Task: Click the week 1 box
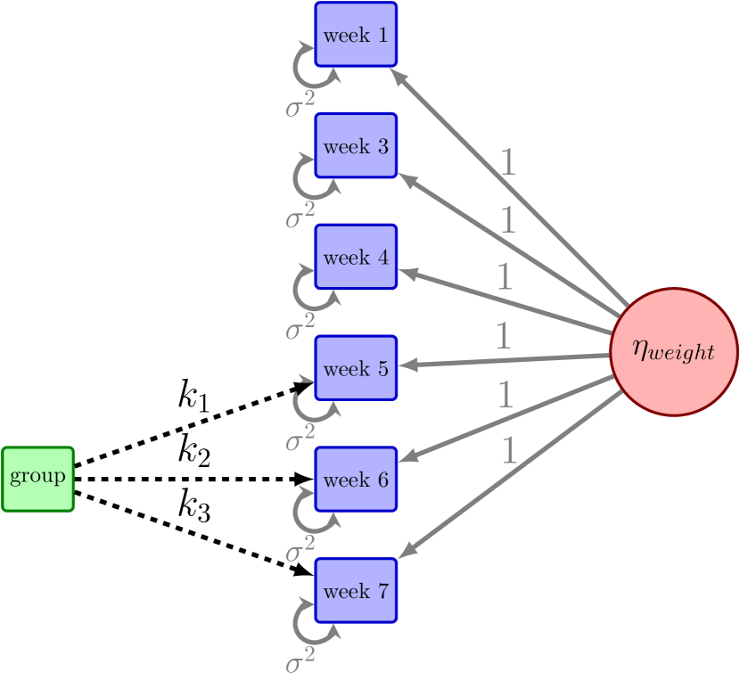[356, 35]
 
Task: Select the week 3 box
[356, 146]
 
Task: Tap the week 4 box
[356, 258]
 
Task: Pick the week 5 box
[356, 368]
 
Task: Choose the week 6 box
[356, 480]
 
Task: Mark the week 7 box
[356, 591]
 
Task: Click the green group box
[37, 479]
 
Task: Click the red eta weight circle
[674, 351]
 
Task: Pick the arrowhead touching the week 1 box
[398, 75]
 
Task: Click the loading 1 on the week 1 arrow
[508, 162]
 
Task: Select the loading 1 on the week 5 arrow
[502, 336]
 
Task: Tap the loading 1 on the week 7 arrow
[508, 452]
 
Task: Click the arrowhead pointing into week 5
[406, 365]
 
